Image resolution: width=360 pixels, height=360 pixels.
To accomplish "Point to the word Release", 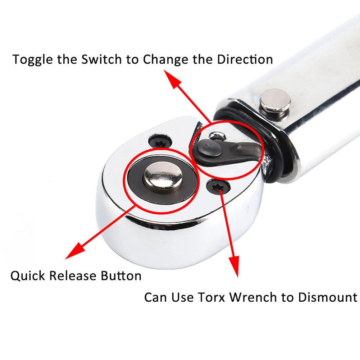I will pyautogui.click(x=73, y=276).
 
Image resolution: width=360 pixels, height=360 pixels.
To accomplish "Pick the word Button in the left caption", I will pyautogui.click(x=121, y=276).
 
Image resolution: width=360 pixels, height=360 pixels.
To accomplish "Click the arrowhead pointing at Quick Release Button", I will pyautogui.click(x=74, y=251).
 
